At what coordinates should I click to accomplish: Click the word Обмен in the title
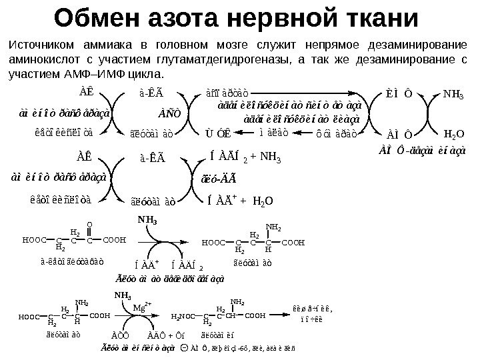(x=102, y=20)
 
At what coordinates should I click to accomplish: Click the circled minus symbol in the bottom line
(x=184, y=347)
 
